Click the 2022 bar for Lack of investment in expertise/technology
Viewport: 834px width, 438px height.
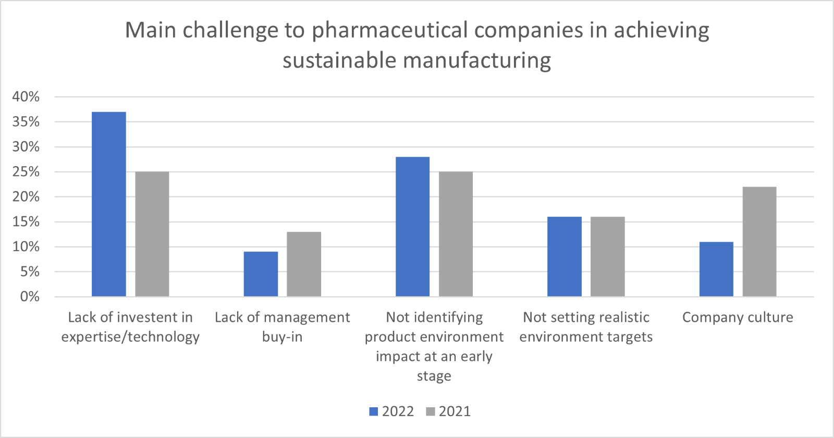pos(109,204)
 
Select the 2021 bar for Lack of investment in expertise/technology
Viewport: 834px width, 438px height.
pos(152,234)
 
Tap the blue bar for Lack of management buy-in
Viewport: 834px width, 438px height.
pos(261,274)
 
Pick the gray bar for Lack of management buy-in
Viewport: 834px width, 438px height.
pos(304,264)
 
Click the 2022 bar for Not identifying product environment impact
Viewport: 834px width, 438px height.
pos(413,227)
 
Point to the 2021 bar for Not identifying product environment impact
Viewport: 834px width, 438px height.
pos(456,234)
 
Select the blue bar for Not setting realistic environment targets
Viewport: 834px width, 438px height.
pos(565,256)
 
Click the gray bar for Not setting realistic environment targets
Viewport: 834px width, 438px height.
pos(608,256)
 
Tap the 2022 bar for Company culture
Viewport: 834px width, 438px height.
pos(716,269)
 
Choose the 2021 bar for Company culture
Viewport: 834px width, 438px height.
pos(759,242)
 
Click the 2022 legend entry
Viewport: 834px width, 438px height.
pos(392,411)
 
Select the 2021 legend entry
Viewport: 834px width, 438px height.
pos(449,411)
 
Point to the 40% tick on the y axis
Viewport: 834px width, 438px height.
pos(26,96)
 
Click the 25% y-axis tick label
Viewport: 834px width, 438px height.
pos(26,171)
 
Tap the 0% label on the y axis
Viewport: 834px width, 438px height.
pos(30,296)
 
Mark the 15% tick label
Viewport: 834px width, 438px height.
pos(26,221)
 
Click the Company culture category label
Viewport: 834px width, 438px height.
pos(738,317)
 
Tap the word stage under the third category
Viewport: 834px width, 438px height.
pos(434,376)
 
